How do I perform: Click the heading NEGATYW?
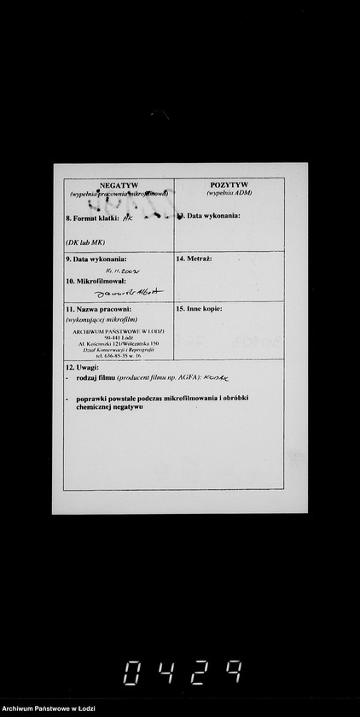click(x=119, y=185)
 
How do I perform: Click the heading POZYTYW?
click(x=229, y=184)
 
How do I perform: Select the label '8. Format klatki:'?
click(x=93, y=219)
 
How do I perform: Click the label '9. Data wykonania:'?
click(x=96, y=259)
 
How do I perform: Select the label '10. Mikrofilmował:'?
click(x=96, y=280)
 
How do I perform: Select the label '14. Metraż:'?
click(x=194, y=258)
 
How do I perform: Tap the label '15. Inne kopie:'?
click(x=199, y=308)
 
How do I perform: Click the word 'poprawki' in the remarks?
click(x=90, y=399)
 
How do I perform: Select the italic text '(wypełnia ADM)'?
click(x=229, y=193)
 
